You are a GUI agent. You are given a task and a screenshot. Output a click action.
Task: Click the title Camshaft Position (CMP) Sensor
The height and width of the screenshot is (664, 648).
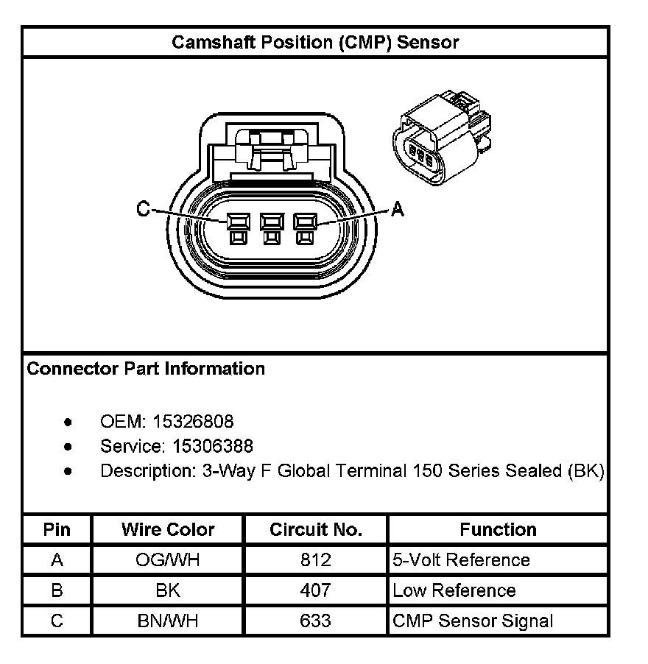[x=315, y=42]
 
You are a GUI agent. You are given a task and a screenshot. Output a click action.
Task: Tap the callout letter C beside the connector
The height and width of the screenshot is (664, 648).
[x=143, y=210]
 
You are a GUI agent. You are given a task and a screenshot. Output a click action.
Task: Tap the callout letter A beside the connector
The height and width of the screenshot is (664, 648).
[x=398, y=210]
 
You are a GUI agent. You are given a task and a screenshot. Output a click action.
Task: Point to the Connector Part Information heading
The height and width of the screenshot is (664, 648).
[x=146, y=368]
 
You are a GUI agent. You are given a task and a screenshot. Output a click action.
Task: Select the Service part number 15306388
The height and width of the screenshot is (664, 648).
[x=213, y=446]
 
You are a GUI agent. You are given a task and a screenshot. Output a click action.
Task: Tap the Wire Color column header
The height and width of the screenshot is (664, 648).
[x=168, y=529]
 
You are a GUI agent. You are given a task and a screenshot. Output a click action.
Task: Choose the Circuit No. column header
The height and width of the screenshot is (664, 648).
[x=316, y=529]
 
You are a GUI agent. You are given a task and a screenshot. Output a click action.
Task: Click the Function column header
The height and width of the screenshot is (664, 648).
[x=498, y=529]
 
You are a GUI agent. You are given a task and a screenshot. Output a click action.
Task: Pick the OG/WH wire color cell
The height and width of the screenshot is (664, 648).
[x=168, y=560]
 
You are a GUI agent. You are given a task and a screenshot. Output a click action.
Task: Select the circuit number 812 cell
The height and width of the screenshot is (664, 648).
[x=316, y=560]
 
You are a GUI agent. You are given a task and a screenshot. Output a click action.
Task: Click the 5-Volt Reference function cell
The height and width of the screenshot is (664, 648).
[x=461, y=560]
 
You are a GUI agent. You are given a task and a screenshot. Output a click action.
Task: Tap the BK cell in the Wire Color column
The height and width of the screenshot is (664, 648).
[x=168, y=590]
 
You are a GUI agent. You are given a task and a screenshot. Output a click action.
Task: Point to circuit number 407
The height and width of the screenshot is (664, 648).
[x=316, y=590]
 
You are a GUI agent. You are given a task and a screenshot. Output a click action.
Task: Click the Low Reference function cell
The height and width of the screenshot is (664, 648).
[x=454, y=590]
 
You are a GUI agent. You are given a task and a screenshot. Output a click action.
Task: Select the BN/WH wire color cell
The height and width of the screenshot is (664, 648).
[x=168, y=621]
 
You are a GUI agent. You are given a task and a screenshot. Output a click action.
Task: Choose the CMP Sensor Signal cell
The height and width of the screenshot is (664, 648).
[x=473, y=621]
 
